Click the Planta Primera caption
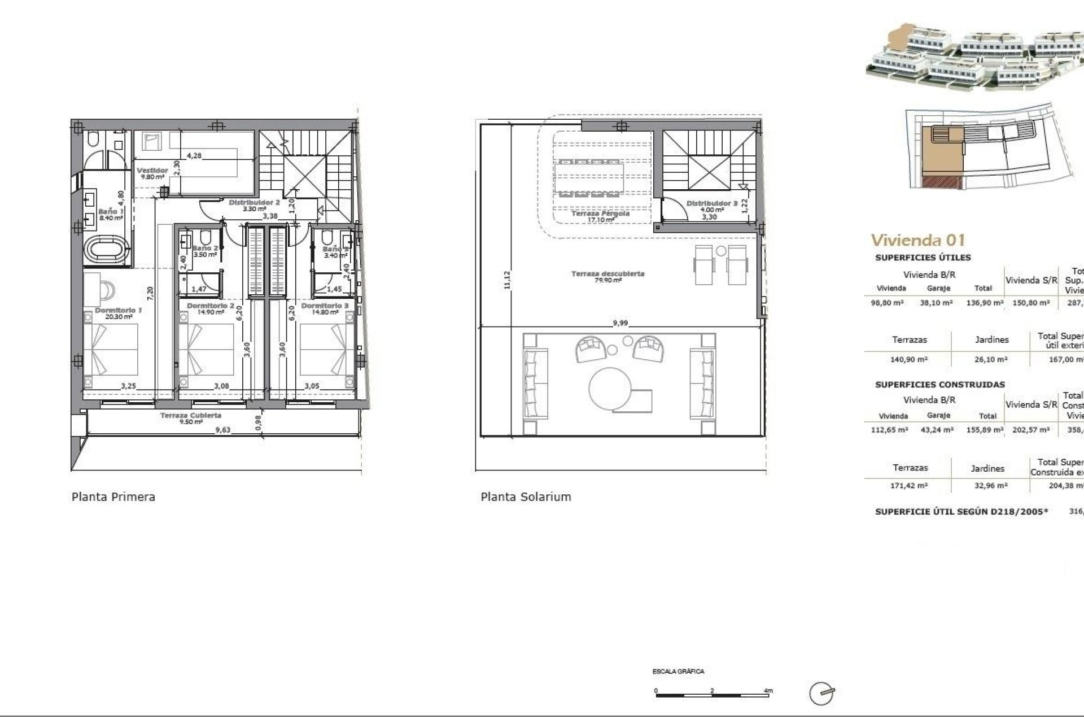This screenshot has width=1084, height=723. (x=113, y=497)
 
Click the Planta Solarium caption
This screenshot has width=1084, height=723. (x=526, y=497)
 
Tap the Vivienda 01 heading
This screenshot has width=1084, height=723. (x=918, y=240)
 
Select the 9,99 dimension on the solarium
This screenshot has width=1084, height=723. (x=620, y=324)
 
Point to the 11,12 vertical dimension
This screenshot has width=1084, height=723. (x=506, y=280)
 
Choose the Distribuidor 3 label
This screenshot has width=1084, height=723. (x=711, y=203)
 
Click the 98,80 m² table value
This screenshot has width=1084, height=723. (x=888, y=303)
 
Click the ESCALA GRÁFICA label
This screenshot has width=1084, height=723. (x=678, y=672)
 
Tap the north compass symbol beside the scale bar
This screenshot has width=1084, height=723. (x=821, y=694)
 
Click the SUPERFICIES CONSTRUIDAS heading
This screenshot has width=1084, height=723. (x=939, y=385)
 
